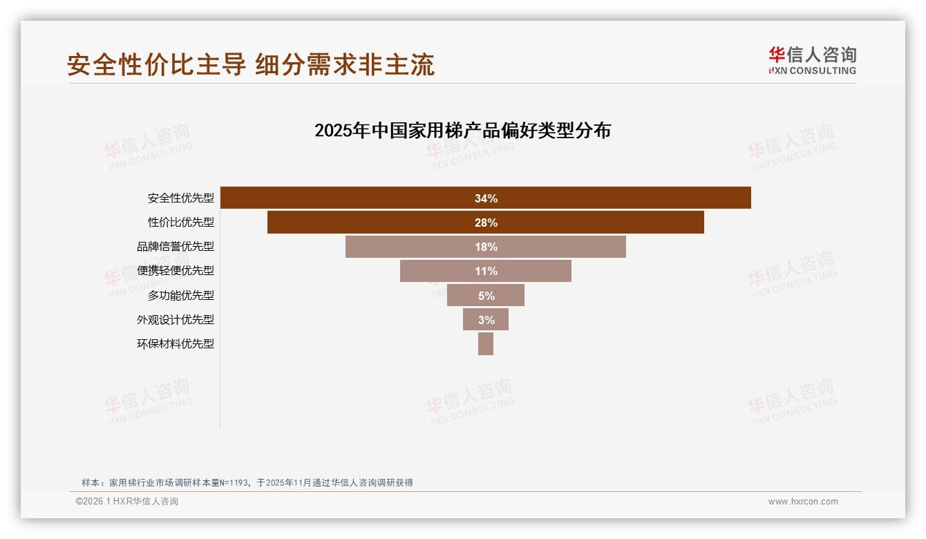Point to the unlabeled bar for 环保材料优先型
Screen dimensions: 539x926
[486, 344]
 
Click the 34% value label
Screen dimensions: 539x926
[486, 198]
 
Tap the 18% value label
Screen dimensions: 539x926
[486, 247]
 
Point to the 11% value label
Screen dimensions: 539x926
[486, 271]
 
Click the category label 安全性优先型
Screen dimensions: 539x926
[181, 198]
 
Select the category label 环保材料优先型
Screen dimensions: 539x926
[176, 343]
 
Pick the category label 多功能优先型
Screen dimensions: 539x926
[181, 295]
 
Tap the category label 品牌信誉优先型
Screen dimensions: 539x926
[176, 247]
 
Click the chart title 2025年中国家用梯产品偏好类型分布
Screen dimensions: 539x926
[462, 131]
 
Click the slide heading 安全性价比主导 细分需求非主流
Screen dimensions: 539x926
[251, 64]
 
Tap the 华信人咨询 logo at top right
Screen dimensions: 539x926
[812, 60]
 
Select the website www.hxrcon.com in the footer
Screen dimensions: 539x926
[803, 502]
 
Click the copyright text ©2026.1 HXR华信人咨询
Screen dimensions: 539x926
[127, 502]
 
